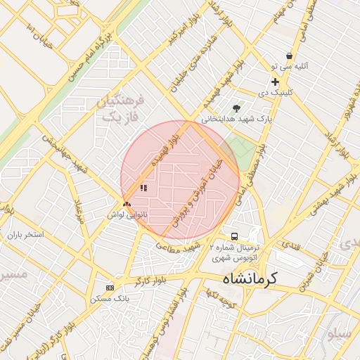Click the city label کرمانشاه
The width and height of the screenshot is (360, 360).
click(x=250, y=278)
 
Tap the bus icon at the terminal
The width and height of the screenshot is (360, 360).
click(x=234, y=236)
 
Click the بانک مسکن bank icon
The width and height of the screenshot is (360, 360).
click(x=110, y=288)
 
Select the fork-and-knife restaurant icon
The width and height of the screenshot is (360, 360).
click(x=143, y=188)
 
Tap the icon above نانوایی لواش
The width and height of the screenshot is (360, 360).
click(x=127, y=205)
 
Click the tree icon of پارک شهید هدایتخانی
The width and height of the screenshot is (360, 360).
click(x=236, y=108)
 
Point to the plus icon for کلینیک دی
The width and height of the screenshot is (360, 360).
click(x=275, y=82)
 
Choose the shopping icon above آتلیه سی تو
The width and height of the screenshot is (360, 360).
click(x=289, y=56)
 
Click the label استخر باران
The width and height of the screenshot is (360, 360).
click(x=25, y=233)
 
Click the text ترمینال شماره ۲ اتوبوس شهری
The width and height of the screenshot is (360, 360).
click(x=236, y=253)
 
